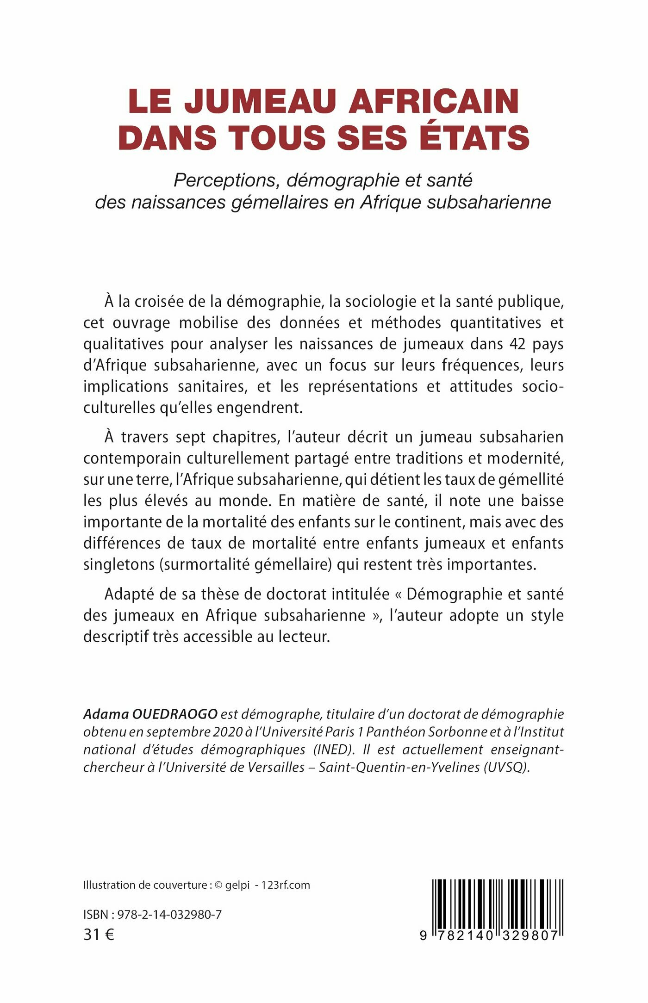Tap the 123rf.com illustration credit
point(286,885)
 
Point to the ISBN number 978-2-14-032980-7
point(169,915)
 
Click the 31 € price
point(99,935)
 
